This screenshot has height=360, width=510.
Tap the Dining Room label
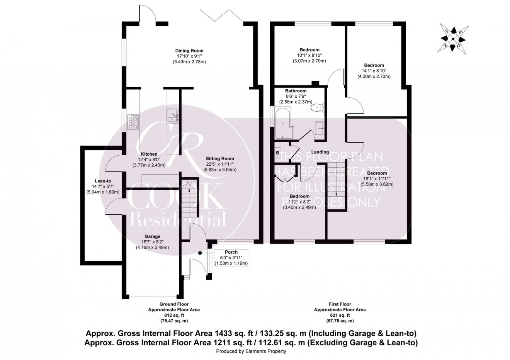(189, 51)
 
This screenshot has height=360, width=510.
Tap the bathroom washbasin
(320, 127)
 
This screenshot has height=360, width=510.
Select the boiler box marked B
(277, 153)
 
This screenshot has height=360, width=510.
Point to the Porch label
(231, 252)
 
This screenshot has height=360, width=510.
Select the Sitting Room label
(219, 159)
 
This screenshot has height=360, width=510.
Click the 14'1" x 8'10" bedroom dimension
(374, 71)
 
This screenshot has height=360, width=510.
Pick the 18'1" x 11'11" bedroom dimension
(377, 179)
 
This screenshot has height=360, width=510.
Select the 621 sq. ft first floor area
(340, 315)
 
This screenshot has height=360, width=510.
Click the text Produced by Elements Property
(251, 352)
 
